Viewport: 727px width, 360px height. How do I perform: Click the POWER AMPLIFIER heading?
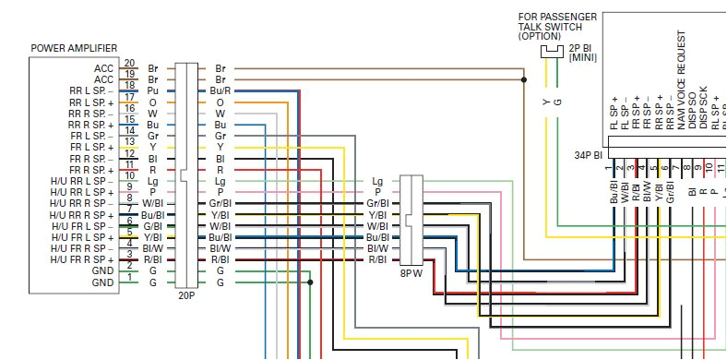point(73,48)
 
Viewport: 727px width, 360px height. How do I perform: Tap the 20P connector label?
point(186,297)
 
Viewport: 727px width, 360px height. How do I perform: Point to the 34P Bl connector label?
point(588,155)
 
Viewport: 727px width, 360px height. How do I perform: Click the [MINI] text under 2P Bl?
point(583,58)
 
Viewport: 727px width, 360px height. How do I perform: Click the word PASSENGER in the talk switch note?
point(570,17)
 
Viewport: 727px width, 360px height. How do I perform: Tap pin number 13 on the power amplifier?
point(130,141)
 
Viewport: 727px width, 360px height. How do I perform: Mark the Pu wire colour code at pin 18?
point(153,90)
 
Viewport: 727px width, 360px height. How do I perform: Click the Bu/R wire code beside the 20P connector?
point(220,90)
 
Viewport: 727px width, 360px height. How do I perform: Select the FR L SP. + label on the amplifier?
point(91,147)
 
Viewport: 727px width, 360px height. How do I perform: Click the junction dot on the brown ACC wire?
point(524,79)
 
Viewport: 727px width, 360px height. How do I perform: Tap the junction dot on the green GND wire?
point(310,282)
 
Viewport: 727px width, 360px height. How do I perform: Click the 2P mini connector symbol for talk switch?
point(552,53)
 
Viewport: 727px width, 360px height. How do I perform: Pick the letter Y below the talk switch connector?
point(545,101)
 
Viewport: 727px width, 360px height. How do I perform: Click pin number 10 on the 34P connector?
point(709,168)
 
